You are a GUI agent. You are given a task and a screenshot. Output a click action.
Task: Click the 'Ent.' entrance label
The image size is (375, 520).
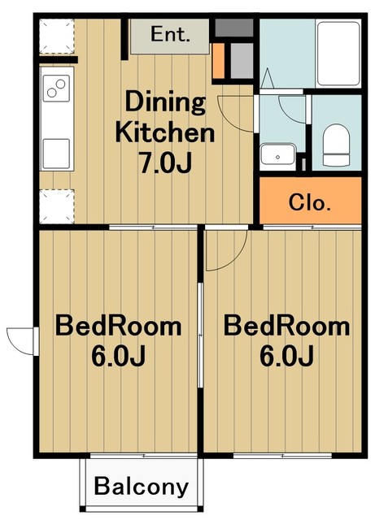170,34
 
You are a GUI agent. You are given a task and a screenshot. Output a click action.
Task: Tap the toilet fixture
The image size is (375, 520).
336,145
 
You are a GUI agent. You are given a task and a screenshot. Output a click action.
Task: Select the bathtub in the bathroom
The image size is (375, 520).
338,54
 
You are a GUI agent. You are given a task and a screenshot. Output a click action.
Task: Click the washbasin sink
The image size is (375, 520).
277,154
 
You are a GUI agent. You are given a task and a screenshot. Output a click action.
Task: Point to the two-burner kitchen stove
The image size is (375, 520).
56,89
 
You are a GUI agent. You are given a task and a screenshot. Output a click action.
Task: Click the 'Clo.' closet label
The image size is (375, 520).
310,202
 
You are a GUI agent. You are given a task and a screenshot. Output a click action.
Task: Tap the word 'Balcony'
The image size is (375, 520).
142,487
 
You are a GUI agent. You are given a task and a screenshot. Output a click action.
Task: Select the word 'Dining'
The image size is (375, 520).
165,102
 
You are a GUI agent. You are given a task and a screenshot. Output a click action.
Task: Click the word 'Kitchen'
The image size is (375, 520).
165,132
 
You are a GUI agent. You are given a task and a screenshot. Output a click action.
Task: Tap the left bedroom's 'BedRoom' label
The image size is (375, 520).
119,326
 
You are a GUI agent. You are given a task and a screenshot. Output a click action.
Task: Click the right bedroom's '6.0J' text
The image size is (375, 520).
286,356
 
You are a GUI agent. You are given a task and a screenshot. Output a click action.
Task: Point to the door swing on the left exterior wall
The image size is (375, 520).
20,341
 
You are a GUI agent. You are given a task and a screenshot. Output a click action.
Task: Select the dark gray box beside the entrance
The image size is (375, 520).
234,28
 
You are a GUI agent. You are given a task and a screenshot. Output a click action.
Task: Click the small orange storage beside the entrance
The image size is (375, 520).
219,61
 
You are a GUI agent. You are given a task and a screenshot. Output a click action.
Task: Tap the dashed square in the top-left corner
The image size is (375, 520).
56,36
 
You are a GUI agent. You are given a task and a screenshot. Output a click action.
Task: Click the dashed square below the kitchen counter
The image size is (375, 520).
56,206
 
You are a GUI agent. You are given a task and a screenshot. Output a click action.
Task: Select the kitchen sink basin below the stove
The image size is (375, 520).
56,154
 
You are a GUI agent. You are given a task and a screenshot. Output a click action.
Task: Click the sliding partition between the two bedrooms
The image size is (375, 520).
200,335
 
